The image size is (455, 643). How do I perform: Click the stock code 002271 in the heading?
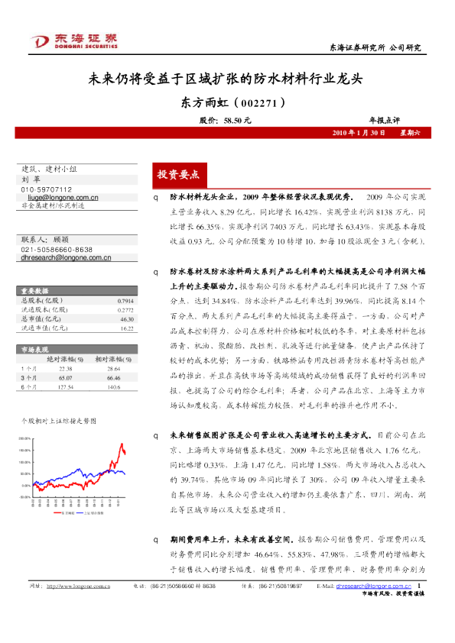262,101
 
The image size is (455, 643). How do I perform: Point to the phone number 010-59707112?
47,189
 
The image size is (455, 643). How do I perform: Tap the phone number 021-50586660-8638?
57,250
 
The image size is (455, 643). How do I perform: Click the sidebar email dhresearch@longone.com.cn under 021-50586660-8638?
66,257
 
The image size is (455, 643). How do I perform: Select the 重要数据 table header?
34,291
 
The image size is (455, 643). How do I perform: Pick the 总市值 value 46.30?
125,319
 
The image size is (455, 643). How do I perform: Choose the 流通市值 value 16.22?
125,328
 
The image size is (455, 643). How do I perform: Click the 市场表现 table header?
34,347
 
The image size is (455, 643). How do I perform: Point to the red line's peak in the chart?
121,444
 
